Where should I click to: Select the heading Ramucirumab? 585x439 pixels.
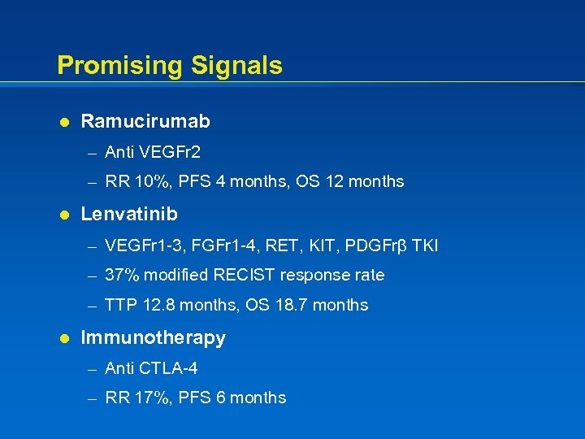click(x=145, y=122)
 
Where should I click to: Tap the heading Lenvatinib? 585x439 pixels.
click(x=129, y=215)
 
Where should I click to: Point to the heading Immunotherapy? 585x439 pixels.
click(x=154, y=338)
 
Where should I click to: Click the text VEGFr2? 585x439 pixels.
click(x=170, y=152)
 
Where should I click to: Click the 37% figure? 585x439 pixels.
click(x=120, y=276)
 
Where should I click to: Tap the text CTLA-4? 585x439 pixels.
click(x=168, y=369)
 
